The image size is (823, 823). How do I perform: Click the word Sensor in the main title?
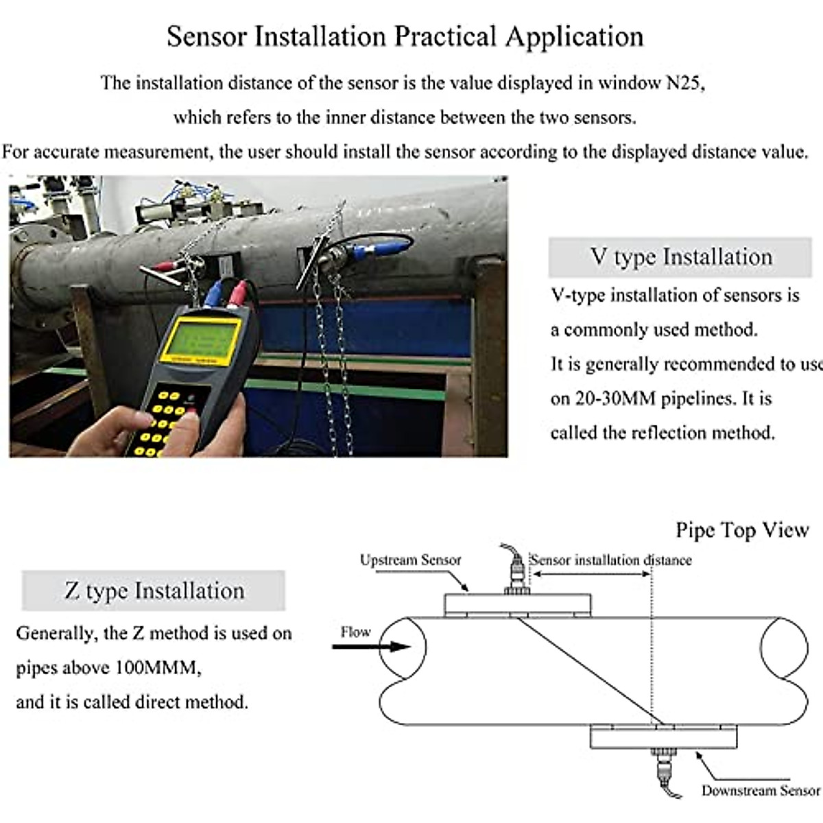pos(206,36)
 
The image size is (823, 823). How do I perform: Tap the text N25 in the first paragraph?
pos(685,83)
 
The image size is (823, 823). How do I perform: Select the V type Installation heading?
pos(680,257)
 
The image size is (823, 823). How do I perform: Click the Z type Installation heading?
pos(154,591)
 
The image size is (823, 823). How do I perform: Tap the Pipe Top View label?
pos(742,530)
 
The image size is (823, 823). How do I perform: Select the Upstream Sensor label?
pos(410,560)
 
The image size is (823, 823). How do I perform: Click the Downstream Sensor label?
pos(760,791)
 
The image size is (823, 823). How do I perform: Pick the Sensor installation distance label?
pos(611,560)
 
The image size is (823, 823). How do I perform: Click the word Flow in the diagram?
pos(355,632)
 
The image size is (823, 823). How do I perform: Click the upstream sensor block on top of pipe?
pos(517,605)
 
